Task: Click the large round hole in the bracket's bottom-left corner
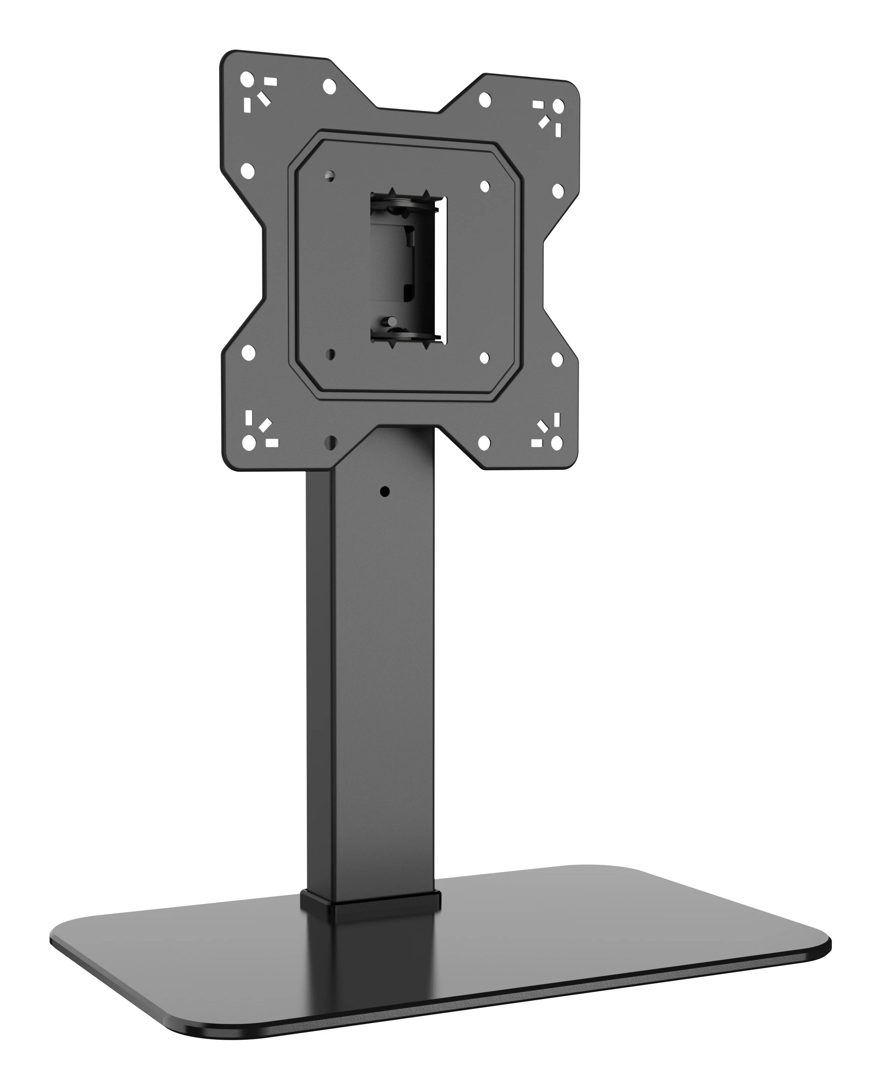click(249, 443)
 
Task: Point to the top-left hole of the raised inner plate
click(330, 176)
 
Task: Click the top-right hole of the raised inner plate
click(485, 186)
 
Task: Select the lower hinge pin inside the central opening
click(392, 322)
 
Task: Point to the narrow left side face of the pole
click(318, 685)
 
